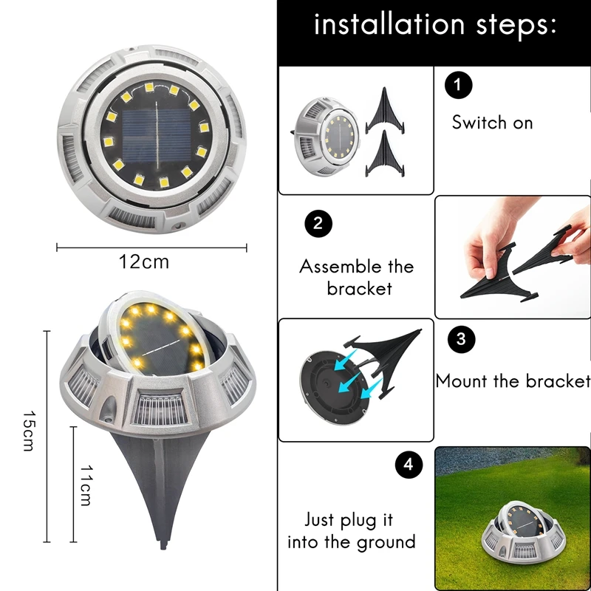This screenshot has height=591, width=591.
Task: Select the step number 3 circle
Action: click(461, 339)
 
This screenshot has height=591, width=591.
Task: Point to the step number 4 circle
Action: click(409, 465)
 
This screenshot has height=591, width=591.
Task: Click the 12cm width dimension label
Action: click(144, 262)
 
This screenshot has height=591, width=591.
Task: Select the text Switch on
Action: click(492, 123)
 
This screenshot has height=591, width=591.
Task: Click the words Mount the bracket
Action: click(513, 381)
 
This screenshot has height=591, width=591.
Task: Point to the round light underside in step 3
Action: click(331, 378)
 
